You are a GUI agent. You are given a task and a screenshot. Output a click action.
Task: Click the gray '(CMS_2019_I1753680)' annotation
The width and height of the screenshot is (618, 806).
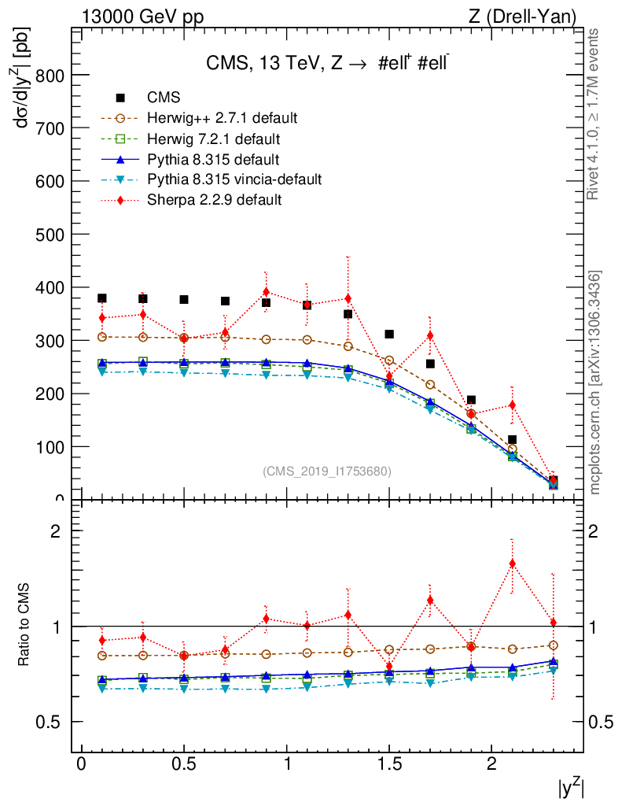[x=327, y=471]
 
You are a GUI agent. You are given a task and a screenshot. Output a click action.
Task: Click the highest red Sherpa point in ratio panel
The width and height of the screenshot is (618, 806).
[x=512, y=564]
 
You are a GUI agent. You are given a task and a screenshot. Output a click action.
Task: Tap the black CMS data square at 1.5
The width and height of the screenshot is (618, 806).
[x=388, y=335]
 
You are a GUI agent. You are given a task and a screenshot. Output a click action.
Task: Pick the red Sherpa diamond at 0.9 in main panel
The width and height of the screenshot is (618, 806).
[x=266, y=292]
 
